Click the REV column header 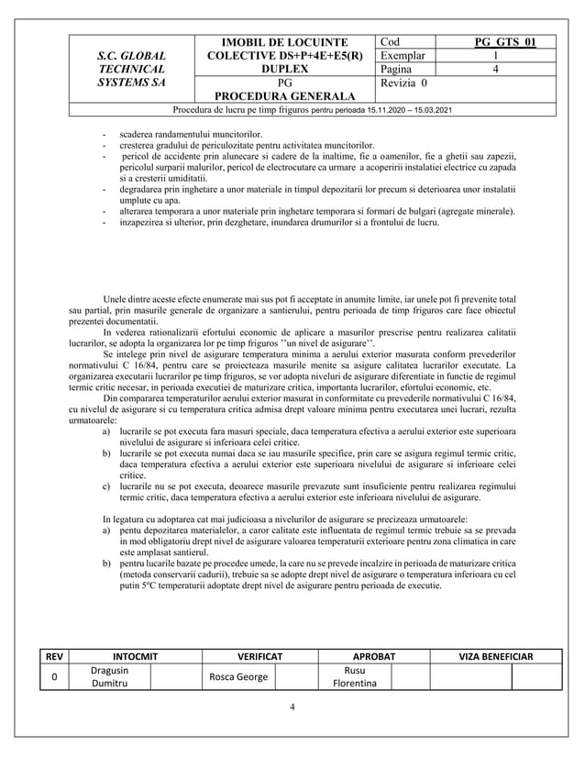[x=54, y=657]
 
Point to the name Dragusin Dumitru [x=109, y=677]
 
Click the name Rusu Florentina [x=348, y=677]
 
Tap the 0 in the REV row [x=54, y=677]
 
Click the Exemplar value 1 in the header [x=495, y=55]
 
